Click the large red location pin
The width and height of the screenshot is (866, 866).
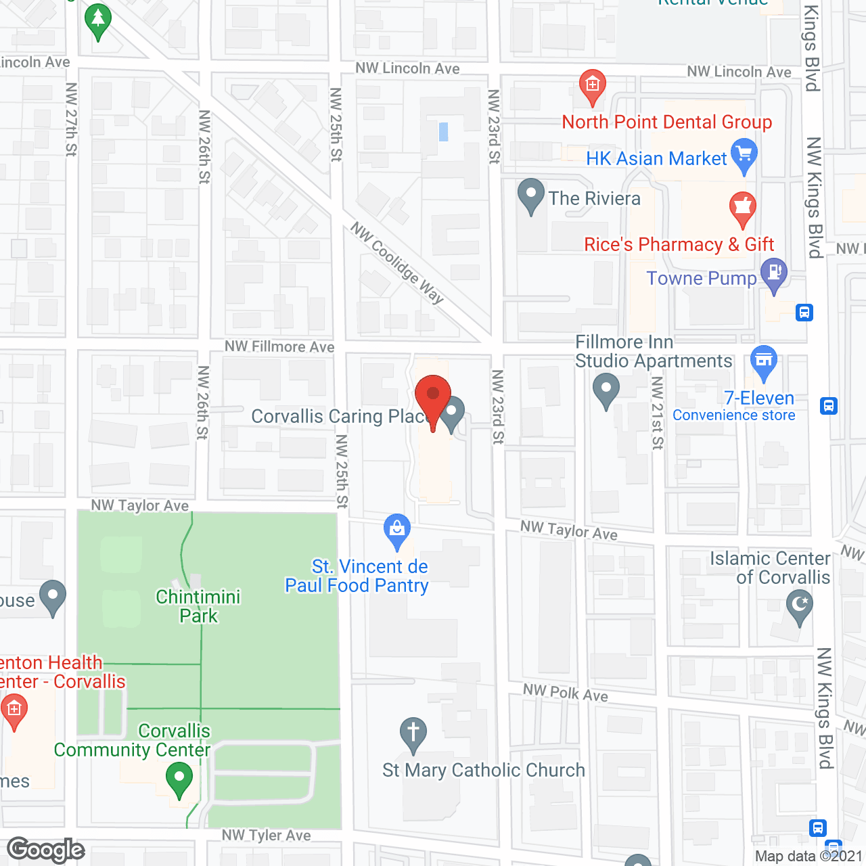[x=433, y=396]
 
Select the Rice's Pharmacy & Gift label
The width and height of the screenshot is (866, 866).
[x=679, y=244]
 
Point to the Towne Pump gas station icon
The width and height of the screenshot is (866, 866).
[x=774, y=274]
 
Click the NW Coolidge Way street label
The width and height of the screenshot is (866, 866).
[x=397, y=263]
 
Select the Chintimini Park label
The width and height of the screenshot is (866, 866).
[x=198, y=606]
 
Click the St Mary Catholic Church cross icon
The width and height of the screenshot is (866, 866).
[x=413, y=733]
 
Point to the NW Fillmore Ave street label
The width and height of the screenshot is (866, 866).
[x=279, y=346]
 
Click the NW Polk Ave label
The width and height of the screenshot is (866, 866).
[x=566, y=693]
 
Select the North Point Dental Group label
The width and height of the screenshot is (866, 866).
[x=667, y=122]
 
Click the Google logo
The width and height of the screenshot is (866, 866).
[x=46, y=850]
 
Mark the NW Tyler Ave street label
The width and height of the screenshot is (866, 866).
[x=267, y=836]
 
